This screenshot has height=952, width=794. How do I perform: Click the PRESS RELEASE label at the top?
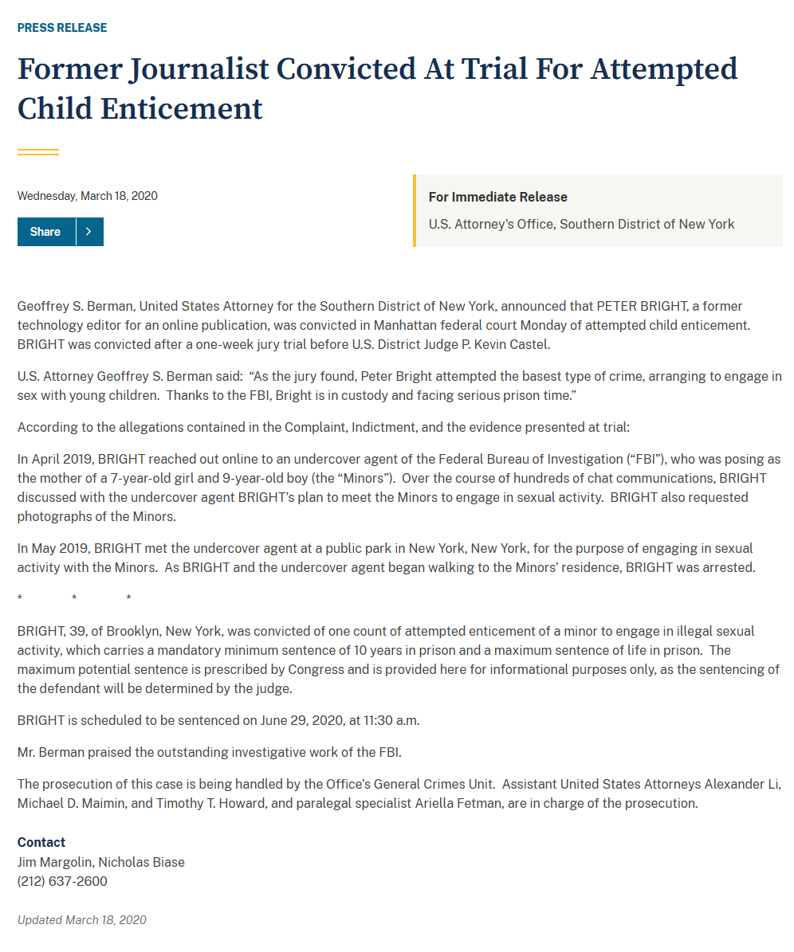point(62,28)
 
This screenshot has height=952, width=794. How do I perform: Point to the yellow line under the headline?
point(38,151)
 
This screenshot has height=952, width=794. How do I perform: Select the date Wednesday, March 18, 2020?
point(87,196)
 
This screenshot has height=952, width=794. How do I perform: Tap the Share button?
point(45,232)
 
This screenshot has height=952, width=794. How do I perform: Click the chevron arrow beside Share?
point(89,232)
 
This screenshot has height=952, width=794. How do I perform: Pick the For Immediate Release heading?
point(497,197)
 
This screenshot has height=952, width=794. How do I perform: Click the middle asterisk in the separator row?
point(74,598)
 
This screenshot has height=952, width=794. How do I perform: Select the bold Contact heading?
point(41,842)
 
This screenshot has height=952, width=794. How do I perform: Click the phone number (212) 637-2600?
point(62,881)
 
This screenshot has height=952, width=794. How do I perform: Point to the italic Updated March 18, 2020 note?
point(82,919)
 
